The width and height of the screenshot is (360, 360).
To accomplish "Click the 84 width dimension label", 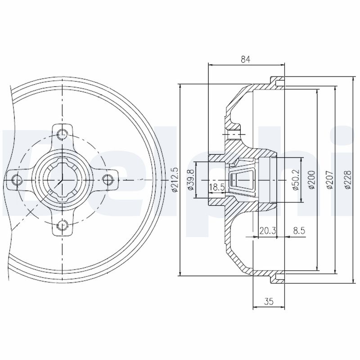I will [245, 58].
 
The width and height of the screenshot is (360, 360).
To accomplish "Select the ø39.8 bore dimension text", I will [191, 180].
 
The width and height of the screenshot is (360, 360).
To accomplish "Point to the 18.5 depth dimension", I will [216, 187].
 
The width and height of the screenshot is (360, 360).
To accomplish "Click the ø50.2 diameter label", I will [296, 180].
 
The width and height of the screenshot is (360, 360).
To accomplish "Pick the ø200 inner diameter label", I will [311, 180].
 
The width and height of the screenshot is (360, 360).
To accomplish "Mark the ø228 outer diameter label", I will [346, 180].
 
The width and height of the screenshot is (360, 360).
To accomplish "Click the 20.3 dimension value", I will [267, 230].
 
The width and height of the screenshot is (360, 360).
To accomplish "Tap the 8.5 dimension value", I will [299, 230].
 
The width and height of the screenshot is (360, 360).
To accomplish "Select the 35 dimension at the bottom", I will [269, 302].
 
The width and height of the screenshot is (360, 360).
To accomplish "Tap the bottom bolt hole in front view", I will [63, 224].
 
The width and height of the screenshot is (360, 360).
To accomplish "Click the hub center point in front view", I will [60, 180].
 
